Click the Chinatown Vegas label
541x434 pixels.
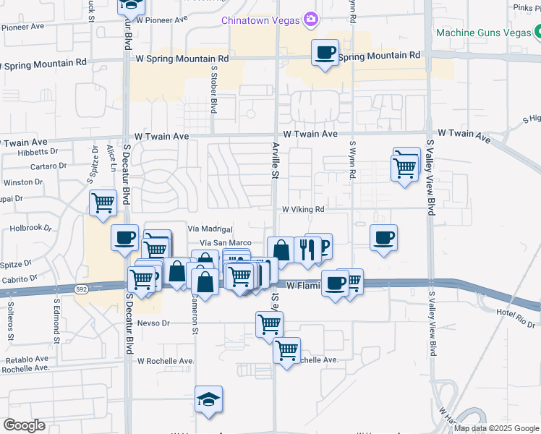(x=261, y=20)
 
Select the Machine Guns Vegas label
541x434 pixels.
(x=483, y=33)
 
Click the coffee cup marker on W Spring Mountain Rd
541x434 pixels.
(x=325, y=53)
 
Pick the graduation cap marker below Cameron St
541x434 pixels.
(x=208, y=399)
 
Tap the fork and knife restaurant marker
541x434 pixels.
(x=307, y=250)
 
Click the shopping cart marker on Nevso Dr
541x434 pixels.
(x=269, y=325)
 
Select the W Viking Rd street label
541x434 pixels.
(x=302, y=209)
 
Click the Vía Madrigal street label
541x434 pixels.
(x=209, y=227)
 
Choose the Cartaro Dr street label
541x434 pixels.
(x=48, y=166)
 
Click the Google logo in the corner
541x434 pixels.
(x=24, y=425)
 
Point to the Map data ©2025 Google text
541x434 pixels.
(x=495, y=428)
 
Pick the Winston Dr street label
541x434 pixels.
(x=19, y=182)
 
